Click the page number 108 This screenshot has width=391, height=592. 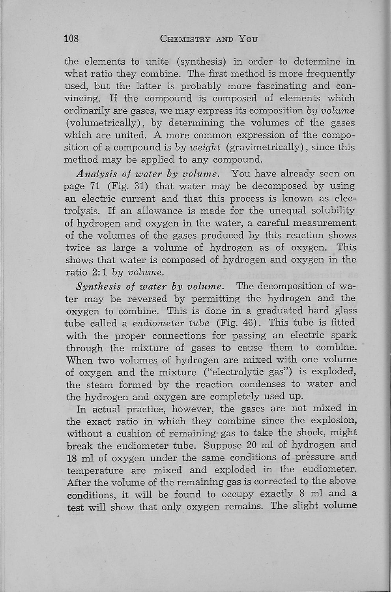[72, 39]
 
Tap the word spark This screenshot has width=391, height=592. [342, 335]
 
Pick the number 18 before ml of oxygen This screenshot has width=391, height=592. [72, 458]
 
